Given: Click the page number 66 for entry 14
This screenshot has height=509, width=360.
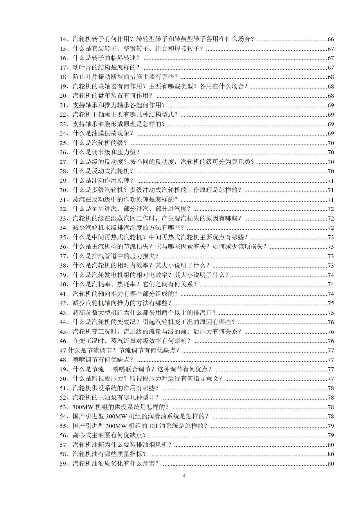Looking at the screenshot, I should pyautogui.click(x=331, y=39).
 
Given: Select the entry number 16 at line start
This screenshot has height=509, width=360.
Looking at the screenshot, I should pyautogui.click(x=63, y=58).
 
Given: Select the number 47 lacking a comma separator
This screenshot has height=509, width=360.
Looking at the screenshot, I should pyautogui.click(x=63, y=351).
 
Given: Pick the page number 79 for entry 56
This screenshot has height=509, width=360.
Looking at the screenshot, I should pyautogui.click(x=331, y=435).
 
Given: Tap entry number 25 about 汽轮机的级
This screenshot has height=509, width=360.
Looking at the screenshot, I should pyautogui.click(x=63, y=143).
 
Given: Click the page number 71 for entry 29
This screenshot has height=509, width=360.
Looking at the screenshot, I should pyautogui.click(x=331, y=181).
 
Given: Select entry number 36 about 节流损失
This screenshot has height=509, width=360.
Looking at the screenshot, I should pyautogui.click(x=63, y=247).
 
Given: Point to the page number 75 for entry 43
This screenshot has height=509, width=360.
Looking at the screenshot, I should pyautogui.click(x=331, y=313).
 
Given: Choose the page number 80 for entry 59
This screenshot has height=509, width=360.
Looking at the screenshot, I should pyautogui.click(x=331, y=464).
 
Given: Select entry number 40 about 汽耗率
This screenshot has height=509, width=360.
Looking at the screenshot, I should pyautogui.click(x=63, y=284).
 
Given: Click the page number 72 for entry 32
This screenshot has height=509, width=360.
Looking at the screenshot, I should pyautogui.click(x=331, y=209).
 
